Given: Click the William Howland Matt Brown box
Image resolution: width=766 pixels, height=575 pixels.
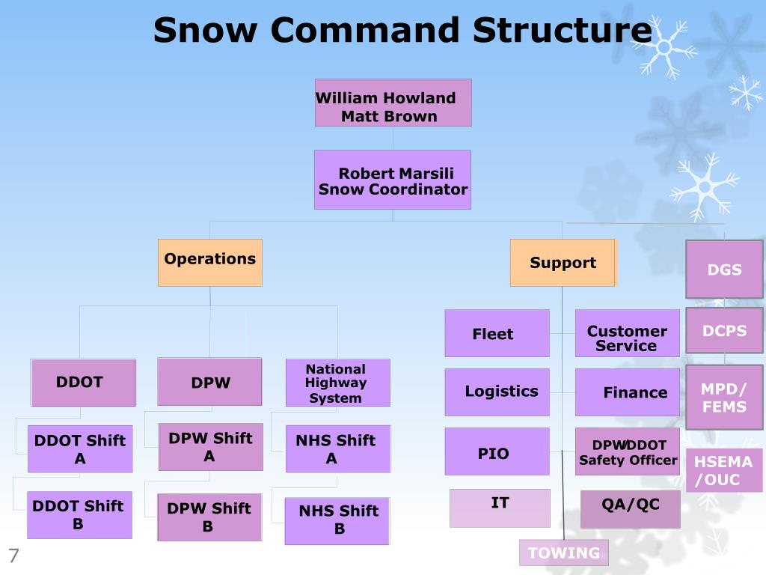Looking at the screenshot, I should click(x=393, y=103).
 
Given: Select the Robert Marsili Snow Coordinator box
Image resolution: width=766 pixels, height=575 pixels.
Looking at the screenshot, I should click(x=393, y=180).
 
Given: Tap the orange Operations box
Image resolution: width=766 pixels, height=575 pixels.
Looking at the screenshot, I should click(x=210, y=262).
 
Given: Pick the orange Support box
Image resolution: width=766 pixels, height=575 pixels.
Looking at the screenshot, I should click(x=563, y=263).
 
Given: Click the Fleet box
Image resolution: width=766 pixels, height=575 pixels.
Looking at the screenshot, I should click(x=497, y=333).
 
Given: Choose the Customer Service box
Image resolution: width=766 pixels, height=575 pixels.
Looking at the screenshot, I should click(x=627, y=333).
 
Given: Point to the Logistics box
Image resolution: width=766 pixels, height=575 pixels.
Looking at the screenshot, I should click(x=497, y=392).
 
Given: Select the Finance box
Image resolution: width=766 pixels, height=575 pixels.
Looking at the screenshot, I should click(x=627, y=392).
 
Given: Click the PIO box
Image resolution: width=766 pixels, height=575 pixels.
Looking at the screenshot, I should click(x=497, y=451).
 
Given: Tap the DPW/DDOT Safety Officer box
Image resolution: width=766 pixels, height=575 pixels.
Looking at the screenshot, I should click(x=627, y=451).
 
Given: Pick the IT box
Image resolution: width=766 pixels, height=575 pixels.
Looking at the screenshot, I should click(x=500, y=508).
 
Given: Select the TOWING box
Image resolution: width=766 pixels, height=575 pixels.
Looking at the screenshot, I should click(x=564, y=553).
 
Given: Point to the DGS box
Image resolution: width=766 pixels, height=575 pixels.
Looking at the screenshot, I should click(x=724, y=269).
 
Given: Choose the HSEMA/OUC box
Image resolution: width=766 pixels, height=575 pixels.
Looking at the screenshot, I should click(x=724, y=470).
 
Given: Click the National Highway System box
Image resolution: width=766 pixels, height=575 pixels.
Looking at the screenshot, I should click(x=337, y=383).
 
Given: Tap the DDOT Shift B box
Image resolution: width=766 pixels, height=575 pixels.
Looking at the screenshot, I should click(x=79, y=515).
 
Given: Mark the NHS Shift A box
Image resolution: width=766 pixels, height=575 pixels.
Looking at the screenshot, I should click(x=338, y=449).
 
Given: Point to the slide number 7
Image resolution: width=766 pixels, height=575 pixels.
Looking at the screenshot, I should click(x=13, y=556).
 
